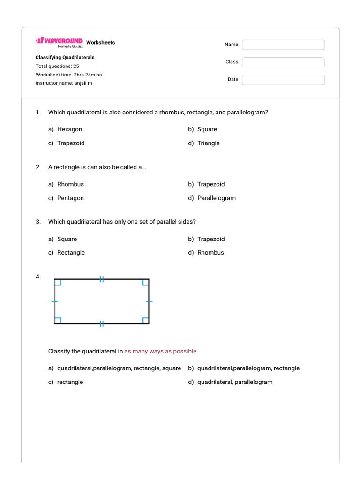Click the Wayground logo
click(x=59, y=41)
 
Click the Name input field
click(x=283, y=45)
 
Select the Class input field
click(x=283, y=62)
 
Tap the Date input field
click(x=283, y=80)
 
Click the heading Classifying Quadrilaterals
click(x=65, y=57)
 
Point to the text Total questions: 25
click(x=57, y=66)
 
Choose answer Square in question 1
click(x=207, y=129)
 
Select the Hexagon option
click(x=69, y=129)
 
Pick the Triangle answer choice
click(x=208, y=143)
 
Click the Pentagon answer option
click(x=70, y=198)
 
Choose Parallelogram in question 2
click(x=216, y=198)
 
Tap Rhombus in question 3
click(x=210, y=252)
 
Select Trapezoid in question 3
click(x=211, y=239)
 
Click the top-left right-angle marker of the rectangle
click(x=58, y=282)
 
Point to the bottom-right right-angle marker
click(x=145, y=321)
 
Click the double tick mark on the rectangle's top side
click(x=101, y=279)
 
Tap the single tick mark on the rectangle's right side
click(x=149, y=301)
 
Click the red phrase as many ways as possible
click(x=161, y=351)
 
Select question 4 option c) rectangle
click(x=70, y=382)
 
